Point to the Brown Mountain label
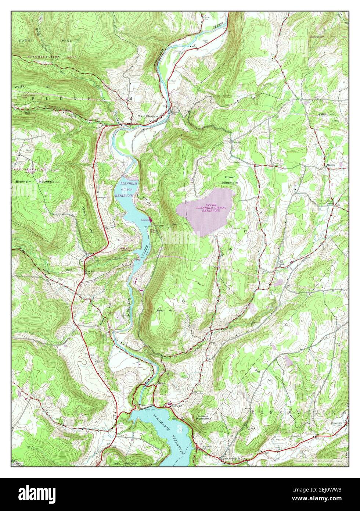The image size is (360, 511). [x=230, y=180]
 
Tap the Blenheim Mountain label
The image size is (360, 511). [x=35, y=182]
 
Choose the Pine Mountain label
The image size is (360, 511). [x=126, y=464]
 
